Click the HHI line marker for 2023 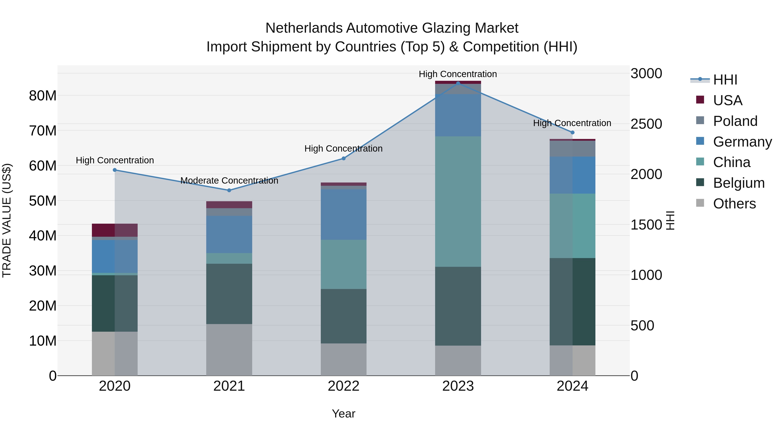[458, 83]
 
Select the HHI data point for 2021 [229, 190]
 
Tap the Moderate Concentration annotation [229, 181]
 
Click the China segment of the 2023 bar [458, 201]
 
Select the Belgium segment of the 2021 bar [229, 294]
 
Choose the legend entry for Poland [735, 121]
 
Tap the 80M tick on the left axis [43, 96]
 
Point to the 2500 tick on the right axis [646, 124]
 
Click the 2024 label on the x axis [572, 386]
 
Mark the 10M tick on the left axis [43, 341]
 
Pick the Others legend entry [734, 204]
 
